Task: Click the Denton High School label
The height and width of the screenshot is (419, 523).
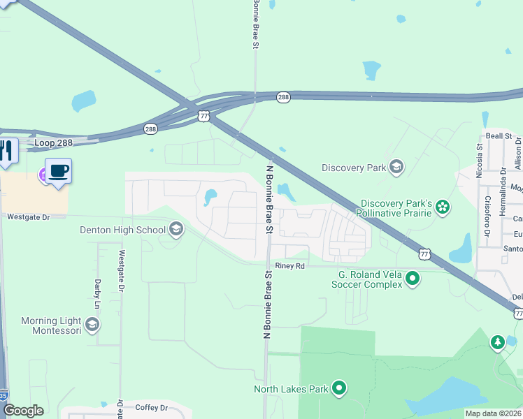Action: [x=123, y=229]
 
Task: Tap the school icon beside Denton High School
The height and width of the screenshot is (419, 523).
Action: [x=175, y=229]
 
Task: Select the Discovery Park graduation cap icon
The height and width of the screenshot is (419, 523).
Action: [x=396, y=167]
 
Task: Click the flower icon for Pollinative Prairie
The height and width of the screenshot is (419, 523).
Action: [x=442, y=207]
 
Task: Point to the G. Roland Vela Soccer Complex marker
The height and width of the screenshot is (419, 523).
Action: [x=413, y=279]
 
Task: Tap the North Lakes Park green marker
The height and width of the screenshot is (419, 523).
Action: [x=339, y=388]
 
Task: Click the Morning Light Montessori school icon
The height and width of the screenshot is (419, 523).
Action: [x=92, y=325]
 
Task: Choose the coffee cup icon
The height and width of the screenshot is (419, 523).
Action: [x=59, y=172]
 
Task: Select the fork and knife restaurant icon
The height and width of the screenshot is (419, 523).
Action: [x=6, y=152]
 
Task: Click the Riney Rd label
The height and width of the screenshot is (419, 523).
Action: [x=290, y=266]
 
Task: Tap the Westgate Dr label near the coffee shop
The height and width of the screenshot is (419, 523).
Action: [x=29, y=217]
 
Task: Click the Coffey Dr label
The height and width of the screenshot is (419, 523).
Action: [x=152, y=408]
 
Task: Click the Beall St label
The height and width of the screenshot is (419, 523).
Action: [x=499, y=136]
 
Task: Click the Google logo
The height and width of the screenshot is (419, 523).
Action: [x=22, y=411]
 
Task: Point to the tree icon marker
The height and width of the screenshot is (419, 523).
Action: [x=497, y=342]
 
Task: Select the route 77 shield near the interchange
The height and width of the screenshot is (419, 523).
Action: [x=203, y=115]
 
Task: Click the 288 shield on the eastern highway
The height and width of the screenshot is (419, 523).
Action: [x=282, y=98]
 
